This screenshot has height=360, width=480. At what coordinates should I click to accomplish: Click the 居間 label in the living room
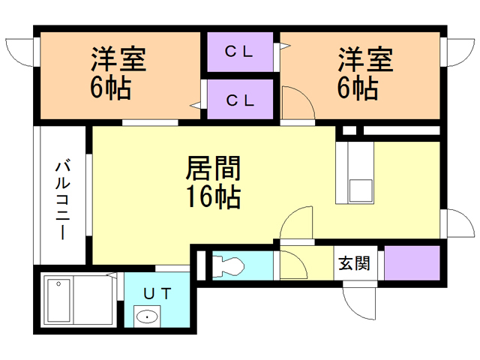coord(212,166)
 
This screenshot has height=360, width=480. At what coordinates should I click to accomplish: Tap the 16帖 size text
coord(212,197)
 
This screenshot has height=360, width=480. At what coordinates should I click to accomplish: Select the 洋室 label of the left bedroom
coord(118,58)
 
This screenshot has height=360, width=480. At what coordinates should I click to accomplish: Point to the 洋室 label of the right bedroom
coord(365,58)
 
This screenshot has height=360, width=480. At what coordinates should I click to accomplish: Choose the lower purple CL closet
coord(241,98)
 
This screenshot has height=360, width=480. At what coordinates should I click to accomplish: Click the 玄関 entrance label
coord(352,263)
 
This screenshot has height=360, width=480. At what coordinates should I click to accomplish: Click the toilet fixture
coord(227,265)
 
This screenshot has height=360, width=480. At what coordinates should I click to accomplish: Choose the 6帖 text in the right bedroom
coord(358,88)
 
